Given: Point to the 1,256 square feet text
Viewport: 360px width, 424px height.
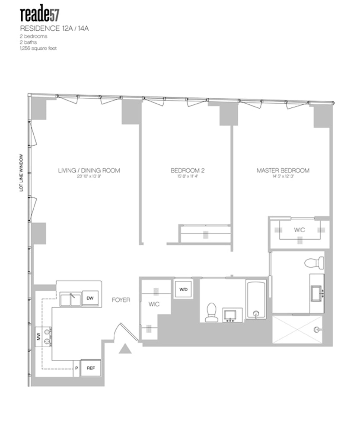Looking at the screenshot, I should tap(38, 48).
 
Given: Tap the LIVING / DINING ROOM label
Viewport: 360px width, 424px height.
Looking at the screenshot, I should tap(89, 170).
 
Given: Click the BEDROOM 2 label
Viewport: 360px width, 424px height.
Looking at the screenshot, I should tap(184, 170).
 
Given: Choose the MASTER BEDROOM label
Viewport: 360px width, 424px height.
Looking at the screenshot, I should tap(283, 170).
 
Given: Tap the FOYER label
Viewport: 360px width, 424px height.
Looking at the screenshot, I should tap(121, 299).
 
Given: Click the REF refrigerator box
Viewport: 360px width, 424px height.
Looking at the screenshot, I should tap(91, 368).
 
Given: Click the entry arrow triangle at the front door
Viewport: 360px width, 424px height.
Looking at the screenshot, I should tap(125, 348).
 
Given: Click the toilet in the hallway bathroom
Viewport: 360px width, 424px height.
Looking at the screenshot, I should tap(211, 312).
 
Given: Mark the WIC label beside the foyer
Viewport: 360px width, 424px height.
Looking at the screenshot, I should tap(154, 304).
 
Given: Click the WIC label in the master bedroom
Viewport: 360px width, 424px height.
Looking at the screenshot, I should tap(299, 230).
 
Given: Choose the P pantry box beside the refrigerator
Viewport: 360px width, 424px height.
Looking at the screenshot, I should tap(76, 368).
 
